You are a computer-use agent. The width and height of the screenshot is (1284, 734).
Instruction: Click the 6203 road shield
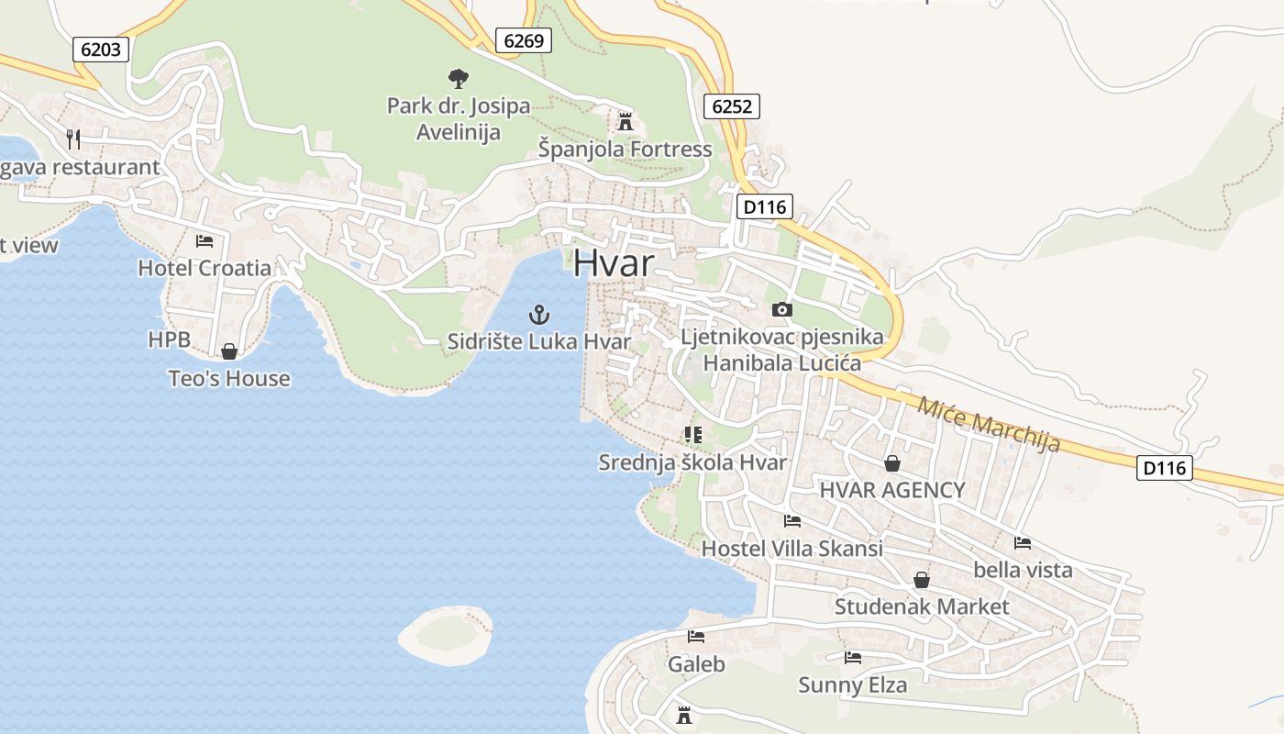coord(101,50)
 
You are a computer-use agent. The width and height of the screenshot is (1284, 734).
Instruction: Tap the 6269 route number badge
coord(524,40)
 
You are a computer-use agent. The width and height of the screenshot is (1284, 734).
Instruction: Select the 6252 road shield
coord(732,106)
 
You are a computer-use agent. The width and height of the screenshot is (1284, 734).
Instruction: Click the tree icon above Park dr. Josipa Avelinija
coord(458,79)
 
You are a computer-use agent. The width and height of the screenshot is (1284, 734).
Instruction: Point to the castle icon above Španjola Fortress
coord(625,120)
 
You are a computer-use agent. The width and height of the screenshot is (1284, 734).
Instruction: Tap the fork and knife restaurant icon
coord(74,139)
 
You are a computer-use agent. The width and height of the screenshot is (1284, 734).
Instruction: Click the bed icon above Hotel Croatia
coord(205,241)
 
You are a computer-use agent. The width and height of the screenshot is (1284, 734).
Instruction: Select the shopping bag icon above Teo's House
coord(229,351)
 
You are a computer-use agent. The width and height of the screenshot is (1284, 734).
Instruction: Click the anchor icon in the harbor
coord(539,316)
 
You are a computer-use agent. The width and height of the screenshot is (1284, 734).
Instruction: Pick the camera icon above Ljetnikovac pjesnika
coord(782,310)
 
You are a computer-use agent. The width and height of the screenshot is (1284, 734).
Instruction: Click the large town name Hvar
coord(614,263)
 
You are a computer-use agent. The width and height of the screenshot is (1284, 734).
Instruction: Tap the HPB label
coord(170,339)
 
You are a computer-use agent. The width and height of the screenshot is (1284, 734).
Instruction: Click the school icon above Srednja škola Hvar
coord(692,435)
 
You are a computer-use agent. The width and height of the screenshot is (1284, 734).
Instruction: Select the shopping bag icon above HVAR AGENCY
coord(891,463)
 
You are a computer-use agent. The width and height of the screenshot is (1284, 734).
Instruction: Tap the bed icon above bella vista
coord(1023,543)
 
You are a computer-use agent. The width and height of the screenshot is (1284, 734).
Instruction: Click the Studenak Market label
coord(922,606)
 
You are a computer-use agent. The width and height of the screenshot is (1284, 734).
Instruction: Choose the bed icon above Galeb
coord(696,637)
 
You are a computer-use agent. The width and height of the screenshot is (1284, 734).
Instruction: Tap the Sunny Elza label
coord(853,684)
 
